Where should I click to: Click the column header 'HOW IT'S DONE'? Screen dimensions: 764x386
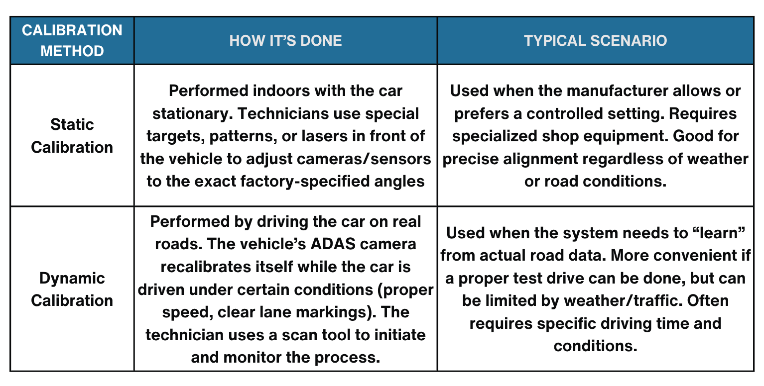click(285, 41)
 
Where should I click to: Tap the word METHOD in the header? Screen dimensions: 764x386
click(72, 51)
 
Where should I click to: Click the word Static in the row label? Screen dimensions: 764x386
click(72, 124)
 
